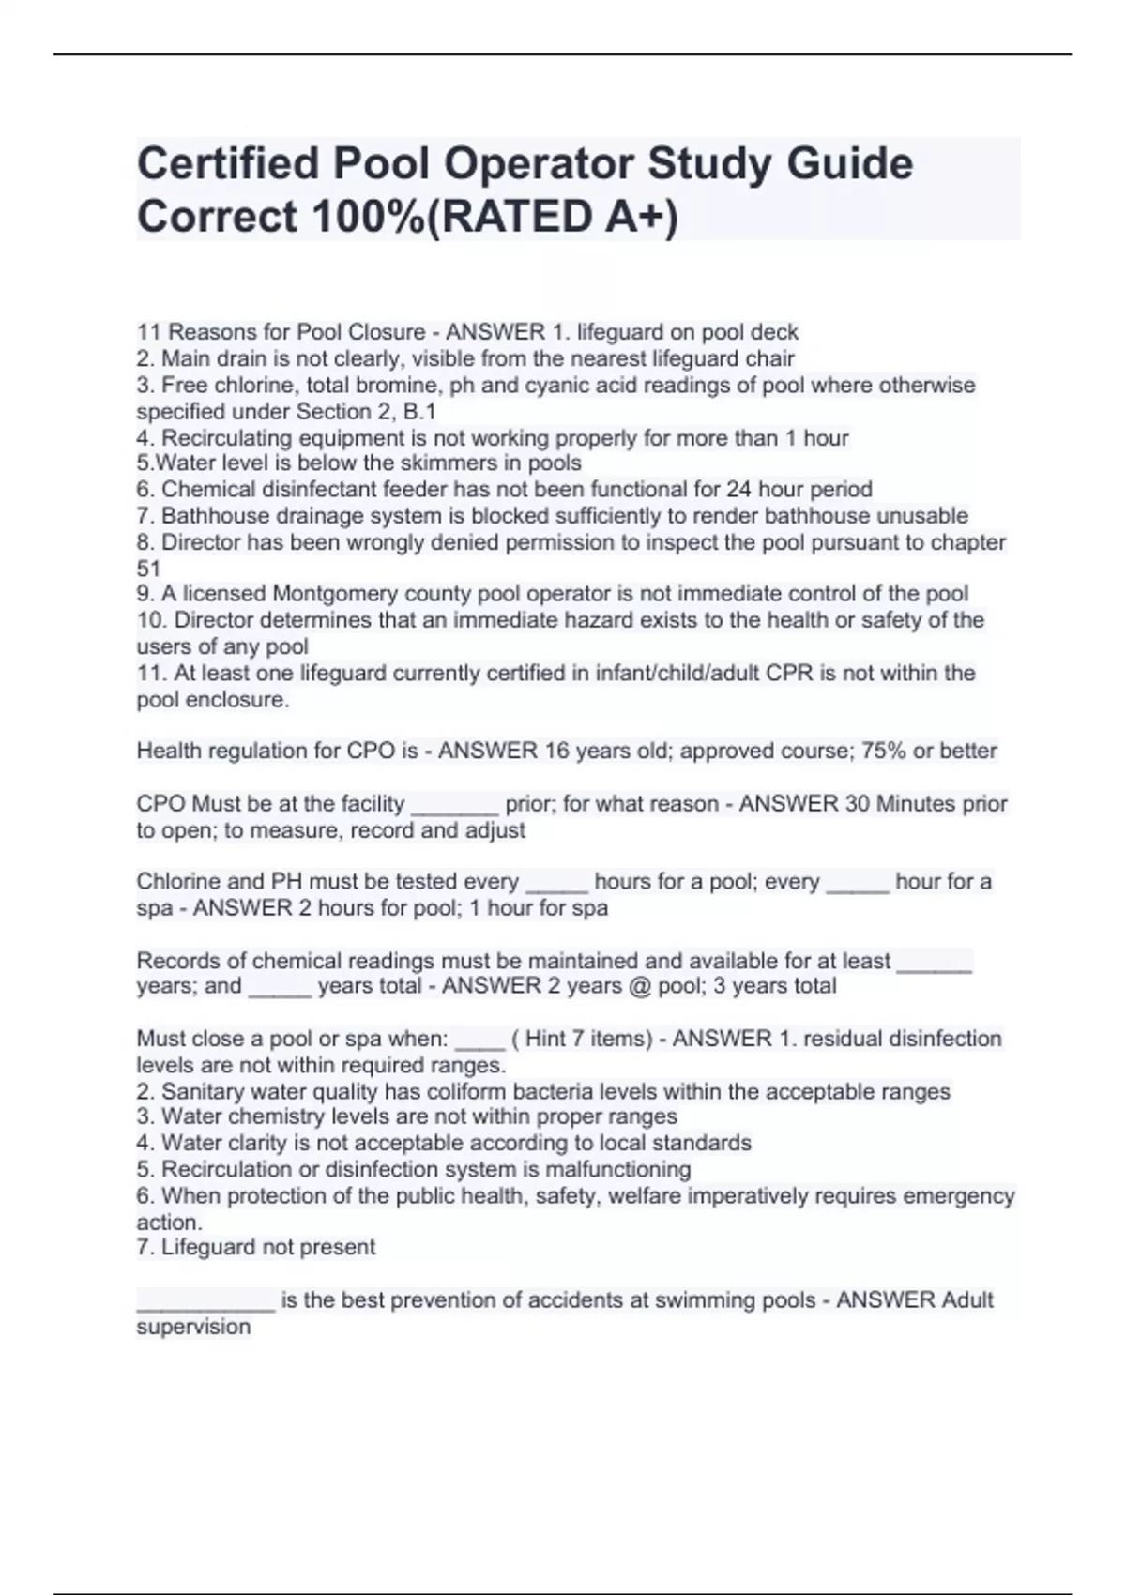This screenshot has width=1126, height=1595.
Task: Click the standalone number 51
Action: click(148, 569)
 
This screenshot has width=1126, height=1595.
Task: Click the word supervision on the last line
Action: click(193, 1328)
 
